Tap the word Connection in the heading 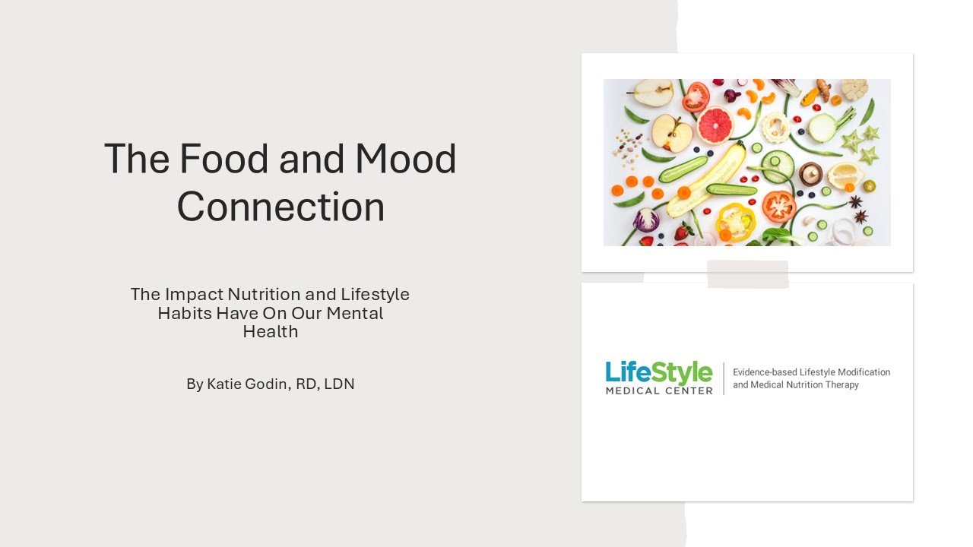tap(280, 207)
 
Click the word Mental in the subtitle tap(354, 313)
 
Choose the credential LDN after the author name tap(339, 384)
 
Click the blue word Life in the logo tap(629, 372)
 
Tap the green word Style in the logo tap(683, 372)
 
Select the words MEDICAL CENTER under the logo tap(659, 390)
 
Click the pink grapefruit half tap(715, 125)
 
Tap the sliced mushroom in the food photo tap(810, 175)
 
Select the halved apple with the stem tap(672, 134)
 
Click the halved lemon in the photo tap(845, 175)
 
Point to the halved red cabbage tap(646, 220)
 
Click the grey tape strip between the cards tap(748, 273)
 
